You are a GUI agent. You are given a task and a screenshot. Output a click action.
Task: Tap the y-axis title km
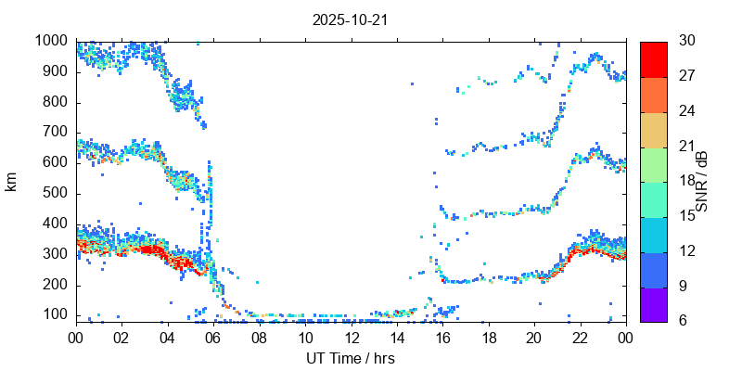[x=11, y=182]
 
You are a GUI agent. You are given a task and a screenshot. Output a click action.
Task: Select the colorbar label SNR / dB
[x=702, y=181]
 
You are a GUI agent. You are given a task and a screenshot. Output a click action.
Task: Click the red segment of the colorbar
[x=653, y=59]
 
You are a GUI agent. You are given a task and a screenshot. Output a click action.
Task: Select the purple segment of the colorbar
[x=653, y=303]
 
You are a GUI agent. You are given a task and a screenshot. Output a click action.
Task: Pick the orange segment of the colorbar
[x=653, y=95]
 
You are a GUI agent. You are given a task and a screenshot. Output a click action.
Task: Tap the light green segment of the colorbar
[x=653, y=164]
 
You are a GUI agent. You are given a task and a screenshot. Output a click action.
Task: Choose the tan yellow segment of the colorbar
[x=653, y=129]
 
